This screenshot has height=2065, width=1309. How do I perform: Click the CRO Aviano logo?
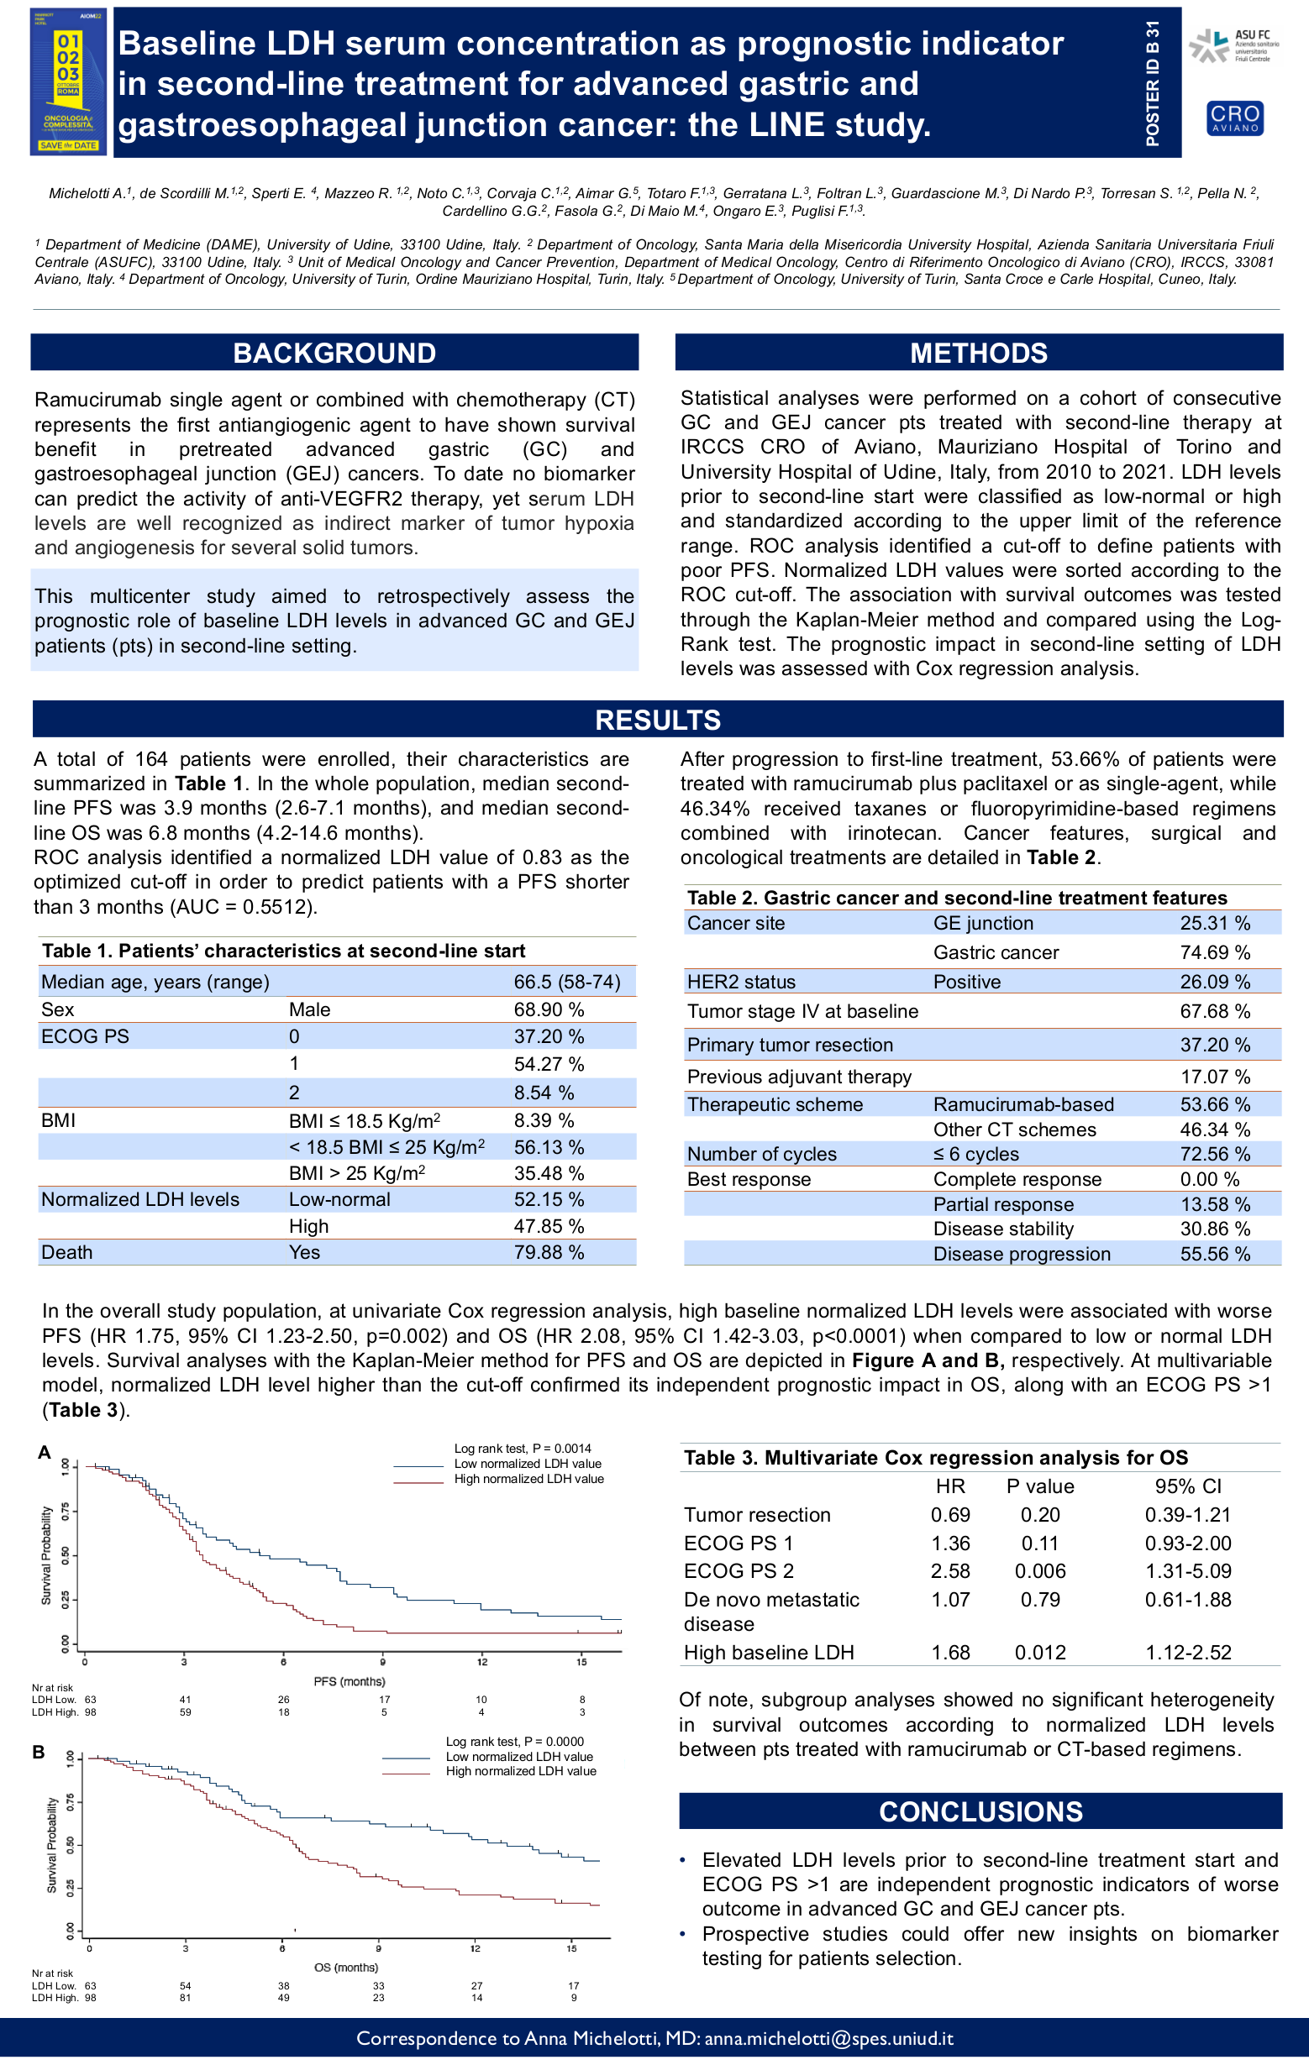(1234, 118)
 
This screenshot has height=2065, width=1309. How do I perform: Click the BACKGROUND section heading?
(334, 353)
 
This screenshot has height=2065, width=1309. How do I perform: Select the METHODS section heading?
(979, 353)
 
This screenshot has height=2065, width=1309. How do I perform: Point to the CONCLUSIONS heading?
(980, 1811)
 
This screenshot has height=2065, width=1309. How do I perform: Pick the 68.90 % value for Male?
(549, 1009)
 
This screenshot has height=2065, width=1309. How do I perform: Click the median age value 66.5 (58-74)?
(567, 982)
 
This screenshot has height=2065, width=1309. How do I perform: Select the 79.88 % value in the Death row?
(549, 1252)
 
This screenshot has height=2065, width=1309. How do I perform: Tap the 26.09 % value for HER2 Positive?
(1215, 982)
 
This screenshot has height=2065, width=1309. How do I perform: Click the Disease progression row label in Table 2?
(1022, 1254)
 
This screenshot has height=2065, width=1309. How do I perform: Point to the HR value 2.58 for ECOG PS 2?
(950, 1571)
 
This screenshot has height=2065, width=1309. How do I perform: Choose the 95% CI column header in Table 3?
(1188, 1486)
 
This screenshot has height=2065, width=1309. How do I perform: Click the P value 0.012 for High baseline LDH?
(1039, 1653)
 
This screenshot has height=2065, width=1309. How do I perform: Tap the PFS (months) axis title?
(350, 1681)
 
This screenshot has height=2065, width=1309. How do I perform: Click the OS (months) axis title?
(345, 1968)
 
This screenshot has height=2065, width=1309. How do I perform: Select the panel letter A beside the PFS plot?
(45, 1452)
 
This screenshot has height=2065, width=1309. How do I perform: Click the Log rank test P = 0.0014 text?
(523, 1449)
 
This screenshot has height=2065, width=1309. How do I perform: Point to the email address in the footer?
(828, 2038)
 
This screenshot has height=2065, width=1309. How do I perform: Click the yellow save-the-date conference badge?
(68, 82)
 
